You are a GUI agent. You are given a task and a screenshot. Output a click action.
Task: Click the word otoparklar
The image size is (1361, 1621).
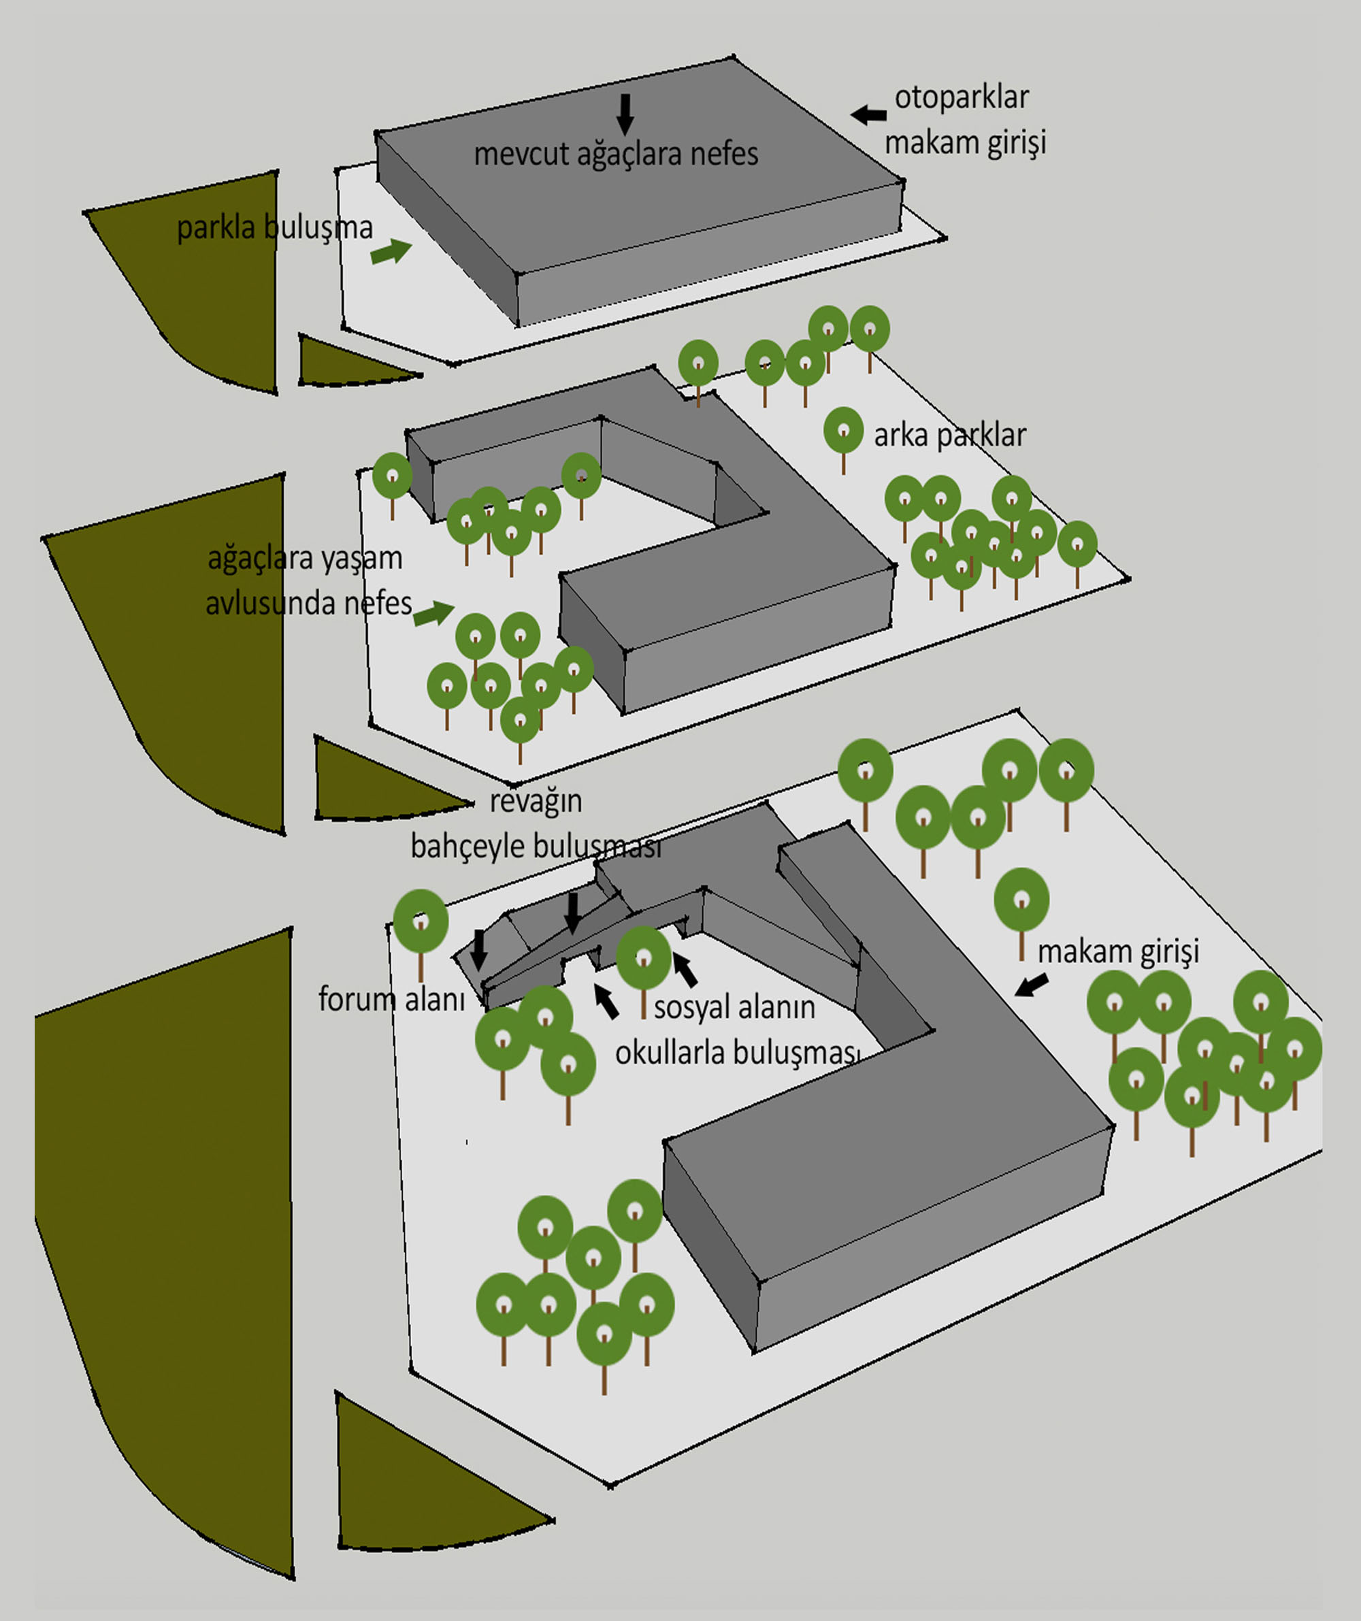(961, 99)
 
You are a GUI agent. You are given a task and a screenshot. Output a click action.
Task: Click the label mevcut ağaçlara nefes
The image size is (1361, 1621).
(615, 154)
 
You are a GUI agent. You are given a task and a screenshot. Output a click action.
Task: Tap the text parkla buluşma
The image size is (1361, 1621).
(274, 229)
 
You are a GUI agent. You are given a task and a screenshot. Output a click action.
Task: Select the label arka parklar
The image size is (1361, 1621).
(949, 436)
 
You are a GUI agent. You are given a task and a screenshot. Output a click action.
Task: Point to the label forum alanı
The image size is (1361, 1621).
(391, 1000)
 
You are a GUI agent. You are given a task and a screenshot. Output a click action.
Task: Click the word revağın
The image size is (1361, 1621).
(536, 801)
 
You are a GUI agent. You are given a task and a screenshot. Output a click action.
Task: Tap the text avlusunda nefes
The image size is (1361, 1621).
(308, 603)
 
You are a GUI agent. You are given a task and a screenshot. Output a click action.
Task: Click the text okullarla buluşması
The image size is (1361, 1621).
(736, 1053)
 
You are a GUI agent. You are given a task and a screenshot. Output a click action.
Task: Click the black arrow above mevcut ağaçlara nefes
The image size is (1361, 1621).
(625, 114)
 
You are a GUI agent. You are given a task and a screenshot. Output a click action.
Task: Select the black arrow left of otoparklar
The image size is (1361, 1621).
(868, 115)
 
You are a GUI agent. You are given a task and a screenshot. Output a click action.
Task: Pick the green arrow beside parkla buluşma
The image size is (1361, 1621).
(391, 252)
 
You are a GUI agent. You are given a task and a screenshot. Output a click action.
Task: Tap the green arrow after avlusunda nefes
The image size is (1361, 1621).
(434, 614)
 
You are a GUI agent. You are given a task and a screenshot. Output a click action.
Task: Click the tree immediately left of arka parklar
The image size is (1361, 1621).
(843, 432)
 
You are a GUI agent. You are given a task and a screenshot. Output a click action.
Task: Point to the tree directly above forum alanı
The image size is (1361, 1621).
(421, 922)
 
